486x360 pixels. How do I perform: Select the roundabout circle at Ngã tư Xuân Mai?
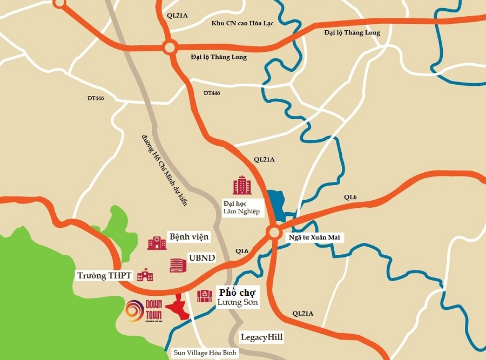pyautogui.click(x=274, y=232)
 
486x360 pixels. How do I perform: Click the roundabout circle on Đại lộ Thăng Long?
pyautogui.click(x=170, y=47)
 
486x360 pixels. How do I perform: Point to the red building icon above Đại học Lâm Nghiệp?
pyautogui.click(x=242, y=185)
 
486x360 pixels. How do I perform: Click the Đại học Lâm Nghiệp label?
pyautogui.click(x=241, y=207)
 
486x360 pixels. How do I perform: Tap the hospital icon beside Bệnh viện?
pyautogui.click(x=157, y=242)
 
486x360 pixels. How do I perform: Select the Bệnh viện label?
pyautogui.click(x=189, y=237)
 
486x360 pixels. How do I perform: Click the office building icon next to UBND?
pyautogui.click(x=177, y=264)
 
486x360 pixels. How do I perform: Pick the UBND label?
pyautogui.click(x=201, y=258)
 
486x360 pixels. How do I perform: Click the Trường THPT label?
pyautogui.click(x=104, y=276)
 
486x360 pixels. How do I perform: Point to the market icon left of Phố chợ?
pyautogui.click(x=205, y=296)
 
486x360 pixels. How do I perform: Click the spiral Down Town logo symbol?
pyautogui.click(x=133, y=311)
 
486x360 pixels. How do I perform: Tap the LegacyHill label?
pyautogui.click(x=262, y=337)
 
